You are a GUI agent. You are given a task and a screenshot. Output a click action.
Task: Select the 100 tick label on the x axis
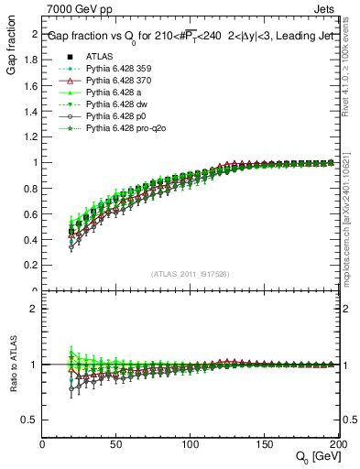[191, 444]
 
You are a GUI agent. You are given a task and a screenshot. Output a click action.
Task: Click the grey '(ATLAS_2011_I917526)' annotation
[190, 273]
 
